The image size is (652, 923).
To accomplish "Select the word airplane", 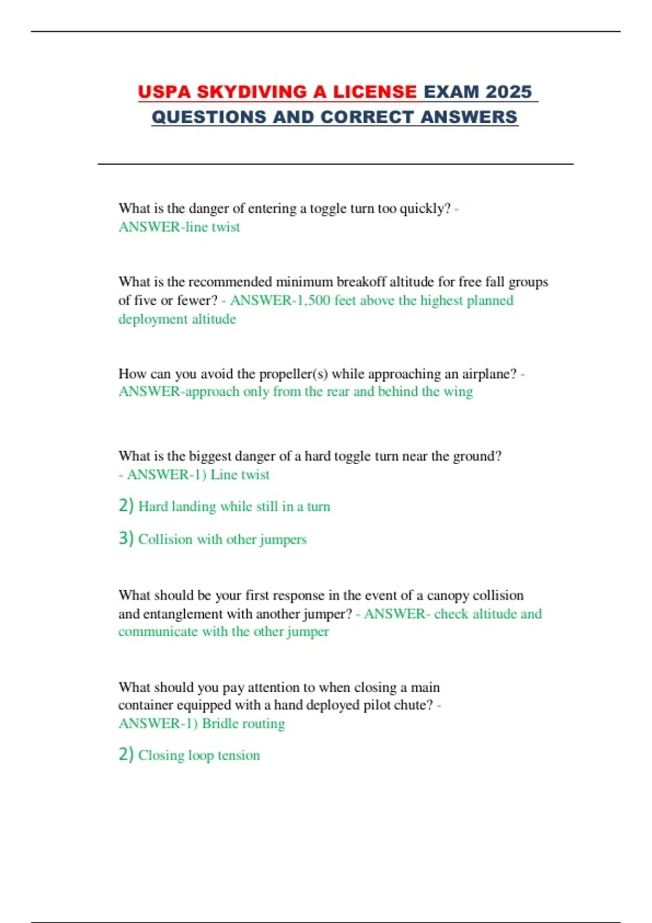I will [x=486, y=374].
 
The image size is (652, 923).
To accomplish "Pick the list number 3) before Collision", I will [x=126, y=538].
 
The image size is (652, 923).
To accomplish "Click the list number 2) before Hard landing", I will [x=126, y=505].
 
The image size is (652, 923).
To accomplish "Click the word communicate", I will [x=158, y=632].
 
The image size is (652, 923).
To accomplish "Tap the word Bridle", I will [x=220, y=724].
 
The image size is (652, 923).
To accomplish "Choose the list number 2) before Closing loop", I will [x=126, y=754].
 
